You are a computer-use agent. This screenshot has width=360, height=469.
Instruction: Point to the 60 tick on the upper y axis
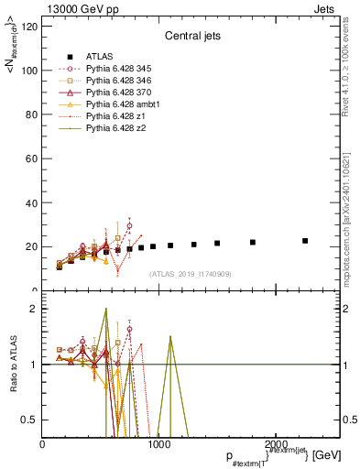[x=31, y=158]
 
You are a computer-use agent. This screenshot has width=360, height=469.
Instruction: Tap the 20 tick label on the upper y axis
[x=31, y=246]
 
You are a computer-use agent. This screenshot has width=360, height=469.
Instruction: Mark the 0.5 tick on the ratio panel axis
[x=29, y=420]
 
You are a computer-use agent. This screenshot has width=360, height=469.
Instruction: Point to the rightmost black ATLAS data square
[x=305, y=241]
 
